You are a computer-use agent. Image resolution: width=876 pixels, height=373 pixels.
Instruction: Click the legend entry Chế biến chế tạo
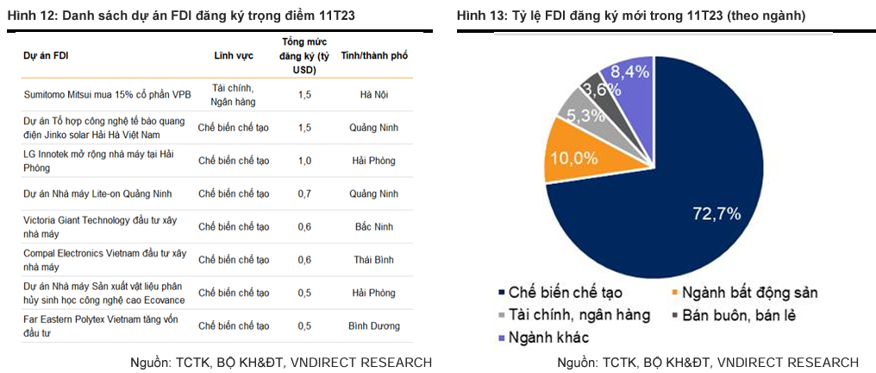tap(565, 293)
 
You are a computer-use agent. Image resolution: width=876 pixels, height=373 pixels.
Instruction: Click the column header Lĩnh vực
tap(233, 55)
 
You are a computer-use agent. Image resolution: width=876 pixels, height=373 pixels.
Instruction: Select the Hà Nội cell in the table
tap(373, 93)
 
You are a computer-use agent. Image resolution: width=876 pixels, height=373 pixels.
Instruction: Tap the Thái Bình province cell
tap(373, 259)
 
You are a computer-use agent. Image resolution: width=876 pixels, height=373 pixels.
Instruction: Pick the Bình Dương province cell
tap(373, 326)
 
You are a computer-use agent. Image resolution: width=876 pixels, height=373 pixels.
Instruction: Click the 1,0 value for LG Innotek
tap(304, 160)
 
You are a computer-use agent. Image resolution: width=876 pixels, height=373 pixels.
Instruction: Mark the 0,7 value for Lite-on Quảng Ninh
tap(304, 193)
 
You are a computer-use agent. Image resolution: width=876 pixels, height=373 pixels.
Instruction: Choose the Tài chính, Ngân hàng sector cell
tap(233, 93)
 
